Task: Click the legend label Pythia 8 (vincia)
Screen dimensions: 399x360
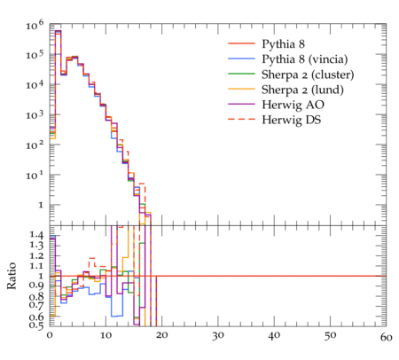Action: pyautogui.click(x=305, y=59)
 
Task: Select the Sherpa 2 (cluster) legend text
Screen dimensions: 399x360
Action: pyautogui.click(x=308, y=74)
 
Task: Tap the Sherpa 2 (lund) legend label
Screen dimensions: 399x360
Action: pyautogui.click(x=302, y=90)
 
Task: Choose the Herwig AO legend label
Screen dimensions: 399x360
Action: pyautogui.click(x=293, y=105)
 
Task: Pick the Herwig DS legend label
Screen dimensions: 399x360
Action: pyautogui.click(x=292, y=120)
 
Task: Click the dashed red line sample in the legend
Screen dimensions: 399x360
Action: pyautogui.click(x=241, y=119)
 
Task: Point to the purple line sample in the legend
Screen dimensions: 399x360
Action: pyautogui.click(x=241, y=104)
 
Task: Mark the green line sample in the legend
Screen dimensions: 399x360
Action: pyautogui.click(x=241, y=74)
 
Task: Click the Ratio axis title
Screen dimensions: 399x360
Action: pyautogui.click(x=12, y=276)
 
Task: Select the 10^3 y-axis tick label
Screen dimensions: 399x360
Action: pyautogui.click(x=35, y=114)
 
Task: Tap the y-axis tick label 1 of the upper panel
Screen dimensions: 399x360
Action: pyautogui.click(x=41, y=205)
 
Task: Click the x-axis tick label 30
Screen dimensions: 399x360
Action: pyautogui.click(x=218, y=336)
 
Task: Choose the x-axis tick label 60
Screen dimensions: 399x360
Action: pyautogui.click(x=387, y=337)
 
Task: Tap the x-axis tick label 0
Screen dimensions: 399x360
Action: pyautogui.click(x=50, y=336)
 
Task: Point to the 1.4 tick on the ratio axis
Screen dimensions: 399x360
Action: pyautogui.click(x=36, y=236)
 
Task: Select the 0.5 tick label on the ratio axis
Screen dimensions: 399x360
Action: pyautogui.click(x=36, y=325)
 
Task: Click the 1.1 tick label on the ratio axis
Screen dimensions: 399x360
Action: pyautogui.click(x=36, y=266)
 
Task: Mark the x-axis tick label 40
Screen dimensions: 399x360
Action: pyautogui.click(x=274, y=336)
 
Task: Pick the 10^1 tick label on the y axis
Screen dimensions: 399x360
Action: pyautogui.click(x=35, y=176)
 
